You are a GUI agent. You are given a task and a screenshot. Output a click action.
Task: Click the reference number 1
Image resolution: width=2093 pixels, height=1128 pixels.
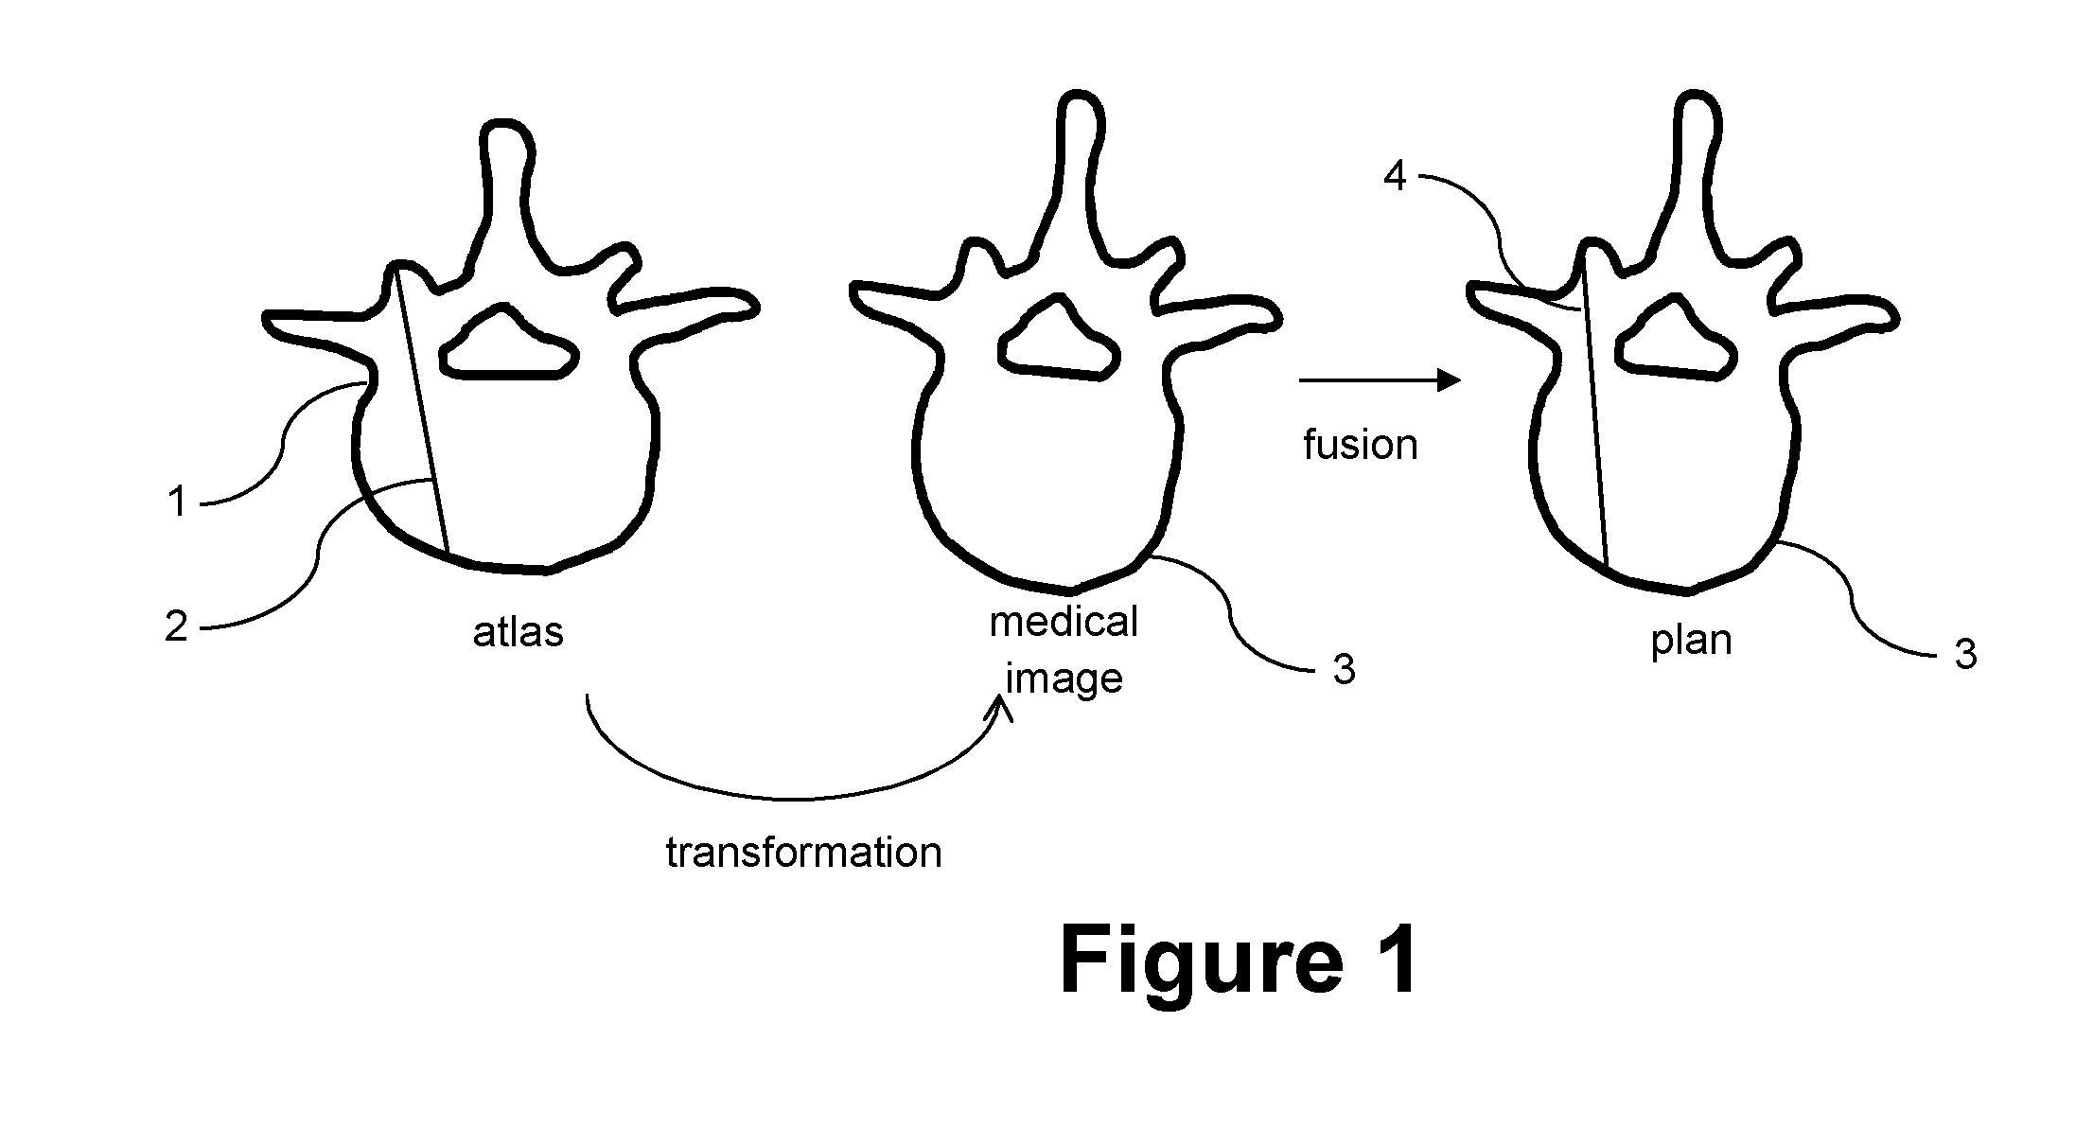point(177,502)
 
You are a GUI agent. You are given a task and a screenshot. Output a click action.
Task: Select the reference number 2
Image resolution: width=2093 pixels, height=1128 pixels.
point(177,626)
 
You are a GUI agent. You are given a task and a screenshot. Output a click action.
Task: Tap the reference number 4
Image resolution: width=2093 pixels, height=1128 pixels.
point(1396,177)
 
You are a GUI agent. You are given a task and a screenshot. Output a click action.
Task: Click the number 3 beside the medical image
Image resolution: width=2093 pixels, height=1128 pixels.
point(1344,669)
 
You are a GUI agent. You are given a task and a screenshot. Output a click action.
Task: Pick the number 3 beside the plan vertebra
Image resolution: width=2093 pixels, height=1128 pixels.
point(1966,655)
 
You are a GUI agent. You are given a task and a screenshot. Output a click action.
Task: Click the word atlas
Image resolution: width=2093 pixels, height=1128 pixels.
point(518,631)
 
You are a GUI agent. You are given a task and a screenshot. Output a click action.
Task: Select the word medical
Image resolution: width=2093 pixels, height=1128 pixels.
point(1064,622)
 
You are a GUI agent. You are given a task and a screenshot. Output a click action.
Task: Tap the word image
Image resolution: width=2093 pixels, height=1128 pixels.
point(1064,679)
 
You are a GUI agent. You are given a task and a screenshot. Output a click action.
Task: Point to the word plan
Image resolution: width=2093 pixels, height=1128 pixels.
point(1691,641)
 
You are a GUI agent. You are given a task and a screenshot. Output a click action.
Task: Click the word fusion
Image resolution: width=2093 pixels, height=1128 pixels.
point(1361,445)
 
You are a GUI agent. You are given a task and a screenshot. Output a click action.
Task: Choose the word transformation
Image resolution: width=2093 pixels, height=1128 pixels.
point(804,852)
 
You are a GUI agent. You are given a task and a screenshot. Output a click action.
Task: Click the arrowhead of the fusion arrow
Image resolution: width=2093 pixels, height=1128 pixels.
point(1450,380)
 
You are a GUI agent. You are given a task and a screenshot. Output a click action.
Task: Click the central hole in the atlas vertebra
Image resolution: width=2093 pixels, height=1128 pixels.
point(509,343)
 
